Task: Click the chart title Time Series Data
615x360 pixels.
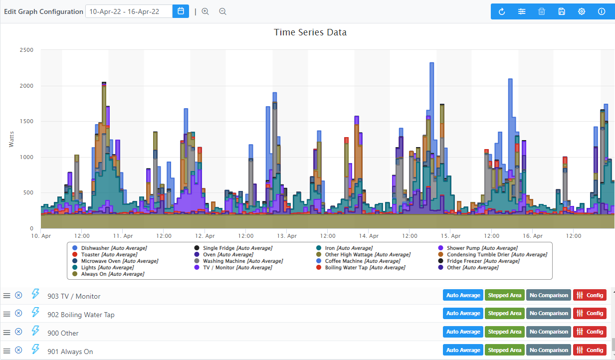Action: tap(310, 32)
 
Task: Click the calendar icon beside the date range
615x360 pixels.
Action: tap(181, 11)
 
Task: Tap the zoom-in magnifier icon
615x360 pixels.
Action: tap(205, 11)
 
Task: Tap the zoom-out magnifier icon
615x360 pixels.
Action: tap(222, 11)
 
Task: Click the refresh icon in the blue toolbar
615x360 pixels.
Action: tap(502, 11)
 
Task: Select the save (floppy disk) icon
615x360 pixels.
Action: tap(562, 11)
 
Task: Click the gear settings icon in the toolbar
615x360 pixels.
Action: tap(582, 11)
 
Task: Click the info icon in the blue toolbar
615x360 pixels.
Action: tap(602, 11)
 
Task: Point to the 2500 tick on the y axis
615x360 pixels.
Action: tap(26, 50)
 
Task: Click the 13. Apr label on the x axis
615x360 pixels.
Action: tap(287, 236)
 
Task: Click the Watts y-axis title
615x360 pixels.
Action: tap(11, 139)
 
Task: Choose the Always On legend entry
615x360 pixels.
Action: tap(112, 274)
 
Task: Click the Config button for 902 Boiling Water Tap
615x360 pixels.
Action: tap(590, 313)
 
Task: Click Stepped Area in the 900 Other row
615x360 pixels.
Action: tap(504, 332)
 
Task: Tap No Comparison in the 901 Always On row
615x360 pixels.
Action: tap(548, 350)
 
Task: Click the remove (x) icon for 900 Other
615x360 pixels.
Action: tap(18, 332)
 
